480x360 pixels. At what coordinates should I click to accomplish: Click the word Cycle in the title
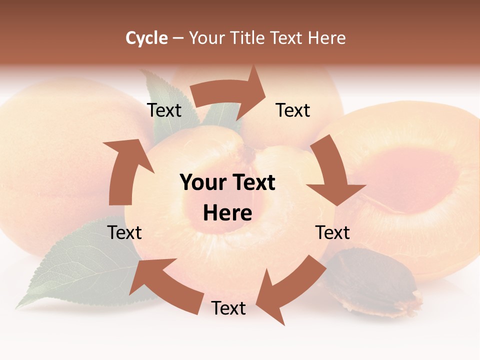click(x=146, y=38)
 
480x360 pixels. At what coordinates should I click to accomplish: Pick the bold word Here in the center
click(x=227, y=213)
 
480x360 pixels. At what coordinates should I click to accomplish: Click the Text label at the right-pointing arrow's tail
click(x=164, y=110)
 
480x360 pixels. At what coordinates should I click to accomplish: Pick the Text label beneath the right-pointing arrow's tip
click(x=293, y=110)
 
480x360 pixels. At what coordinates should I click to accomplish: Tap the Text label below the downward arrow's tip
click(x=333, y=232)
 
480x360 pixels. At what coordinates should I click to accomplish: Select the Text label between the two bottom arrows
click(x=228, y=308)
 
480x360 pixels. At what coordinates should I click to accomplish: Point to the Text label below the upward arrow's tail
click(x=125, y=232)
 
